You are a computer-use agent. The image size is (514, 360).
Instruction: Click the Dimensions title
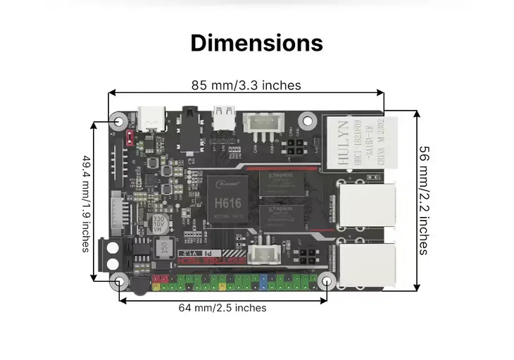click(256, 42)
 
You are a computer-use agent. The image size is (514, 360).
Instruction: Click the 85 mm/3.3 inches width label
click(246, 85)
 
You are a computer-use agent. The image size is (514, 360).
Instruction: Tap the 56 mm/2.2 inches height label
click(424, 199)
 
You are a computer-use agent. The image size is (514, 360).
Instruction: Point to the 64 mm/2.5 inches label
click(222, 308)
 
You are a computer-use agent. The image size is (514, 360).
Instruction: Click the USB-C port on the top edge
click(151, 119)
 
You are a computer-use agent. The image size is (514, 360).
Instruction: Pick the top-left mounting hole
click(118, 120)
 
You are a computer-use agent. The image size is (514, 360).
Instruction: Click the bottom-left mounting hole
click(120, 283)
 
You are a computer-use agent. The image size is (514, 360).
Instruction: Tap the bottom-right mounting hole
click(327, 281)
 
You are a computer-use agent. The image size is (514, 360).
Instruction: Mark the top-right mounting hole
click(307, 120)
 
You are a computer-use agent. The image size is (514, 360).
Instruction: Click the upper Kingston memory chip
click(280, 184)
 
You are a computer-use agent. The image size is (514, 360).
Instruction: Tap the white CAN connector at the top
click(262, 125)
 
